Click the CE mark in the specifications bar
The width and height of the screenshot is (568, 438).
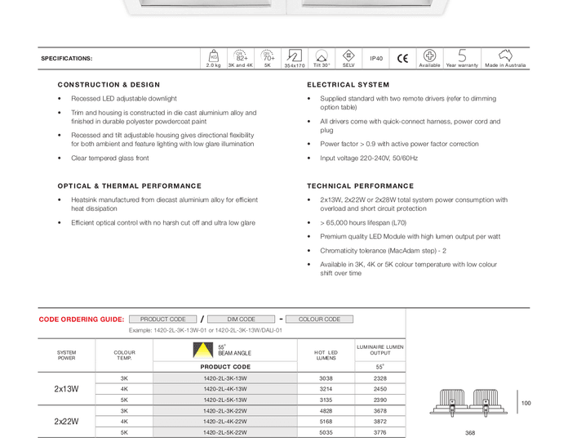pos(402,58)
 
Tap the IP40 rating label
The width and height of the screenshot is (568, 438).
pos(376,58)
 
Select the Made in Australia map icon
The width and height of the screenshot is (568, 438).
pos(505,56)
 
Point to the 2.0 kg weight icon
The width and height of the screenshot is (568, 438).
pos(214,56)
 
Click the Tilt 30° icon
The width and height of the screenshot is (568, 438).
pos(322,56)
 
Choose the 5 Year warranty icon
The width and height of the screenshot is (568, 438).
pos(462,56)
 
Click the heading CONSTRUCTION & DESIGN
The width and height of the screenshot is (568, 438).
pos(109,85)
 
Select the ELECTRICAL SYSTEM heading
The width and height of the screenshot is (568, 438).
pos(348,85)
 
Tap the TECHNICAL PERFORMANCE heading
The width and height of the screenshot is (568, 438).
pos(361,186)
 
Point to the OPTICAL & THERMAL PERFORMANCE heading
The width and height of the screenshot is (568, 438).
pos(130,186)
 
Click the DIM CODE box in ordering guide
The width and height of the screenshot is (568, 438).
pos(241,320)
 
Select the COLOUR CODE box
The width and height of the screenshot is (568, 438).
pos(319,320)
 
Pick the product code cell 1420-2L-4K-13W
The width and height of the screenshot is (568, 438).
pos(225,389)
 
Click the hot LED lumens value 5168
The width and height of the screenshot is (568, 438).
pos(326,421)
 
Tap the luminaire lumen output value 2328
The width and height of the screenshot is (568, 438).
pos(380,378)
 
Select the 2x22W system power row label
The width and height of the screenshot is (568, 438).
pos(67,421)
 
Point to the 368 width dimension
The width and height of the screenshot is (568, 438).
pos(470,433)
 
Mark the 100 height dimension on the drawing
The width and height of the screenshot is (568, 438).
pos(526,403)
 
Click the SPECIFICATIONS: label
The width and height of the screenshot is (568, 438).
pos(67,59)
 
